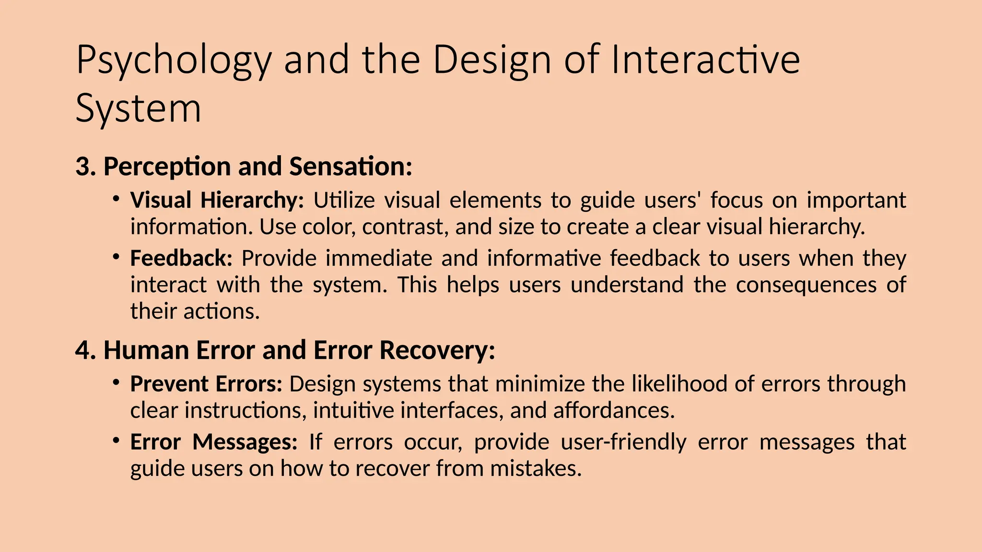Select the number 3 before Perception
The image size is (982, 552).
[x=82, y=166]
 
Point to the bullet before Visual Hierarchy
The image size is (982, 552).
[x=116, y=198]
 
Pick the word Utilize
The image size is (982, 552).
[x=344, y=200]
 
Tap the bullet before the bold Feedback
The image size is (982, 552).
[x=116, y=257]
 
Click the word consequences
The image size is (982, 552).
[x=806, y=285]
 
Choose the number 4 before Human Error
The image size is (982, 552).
[x=83, y=350]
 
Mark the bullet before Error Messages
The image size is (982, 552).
[x=116, y=440]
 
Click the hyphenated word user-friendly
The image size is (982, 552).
[x=623, y=442]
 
